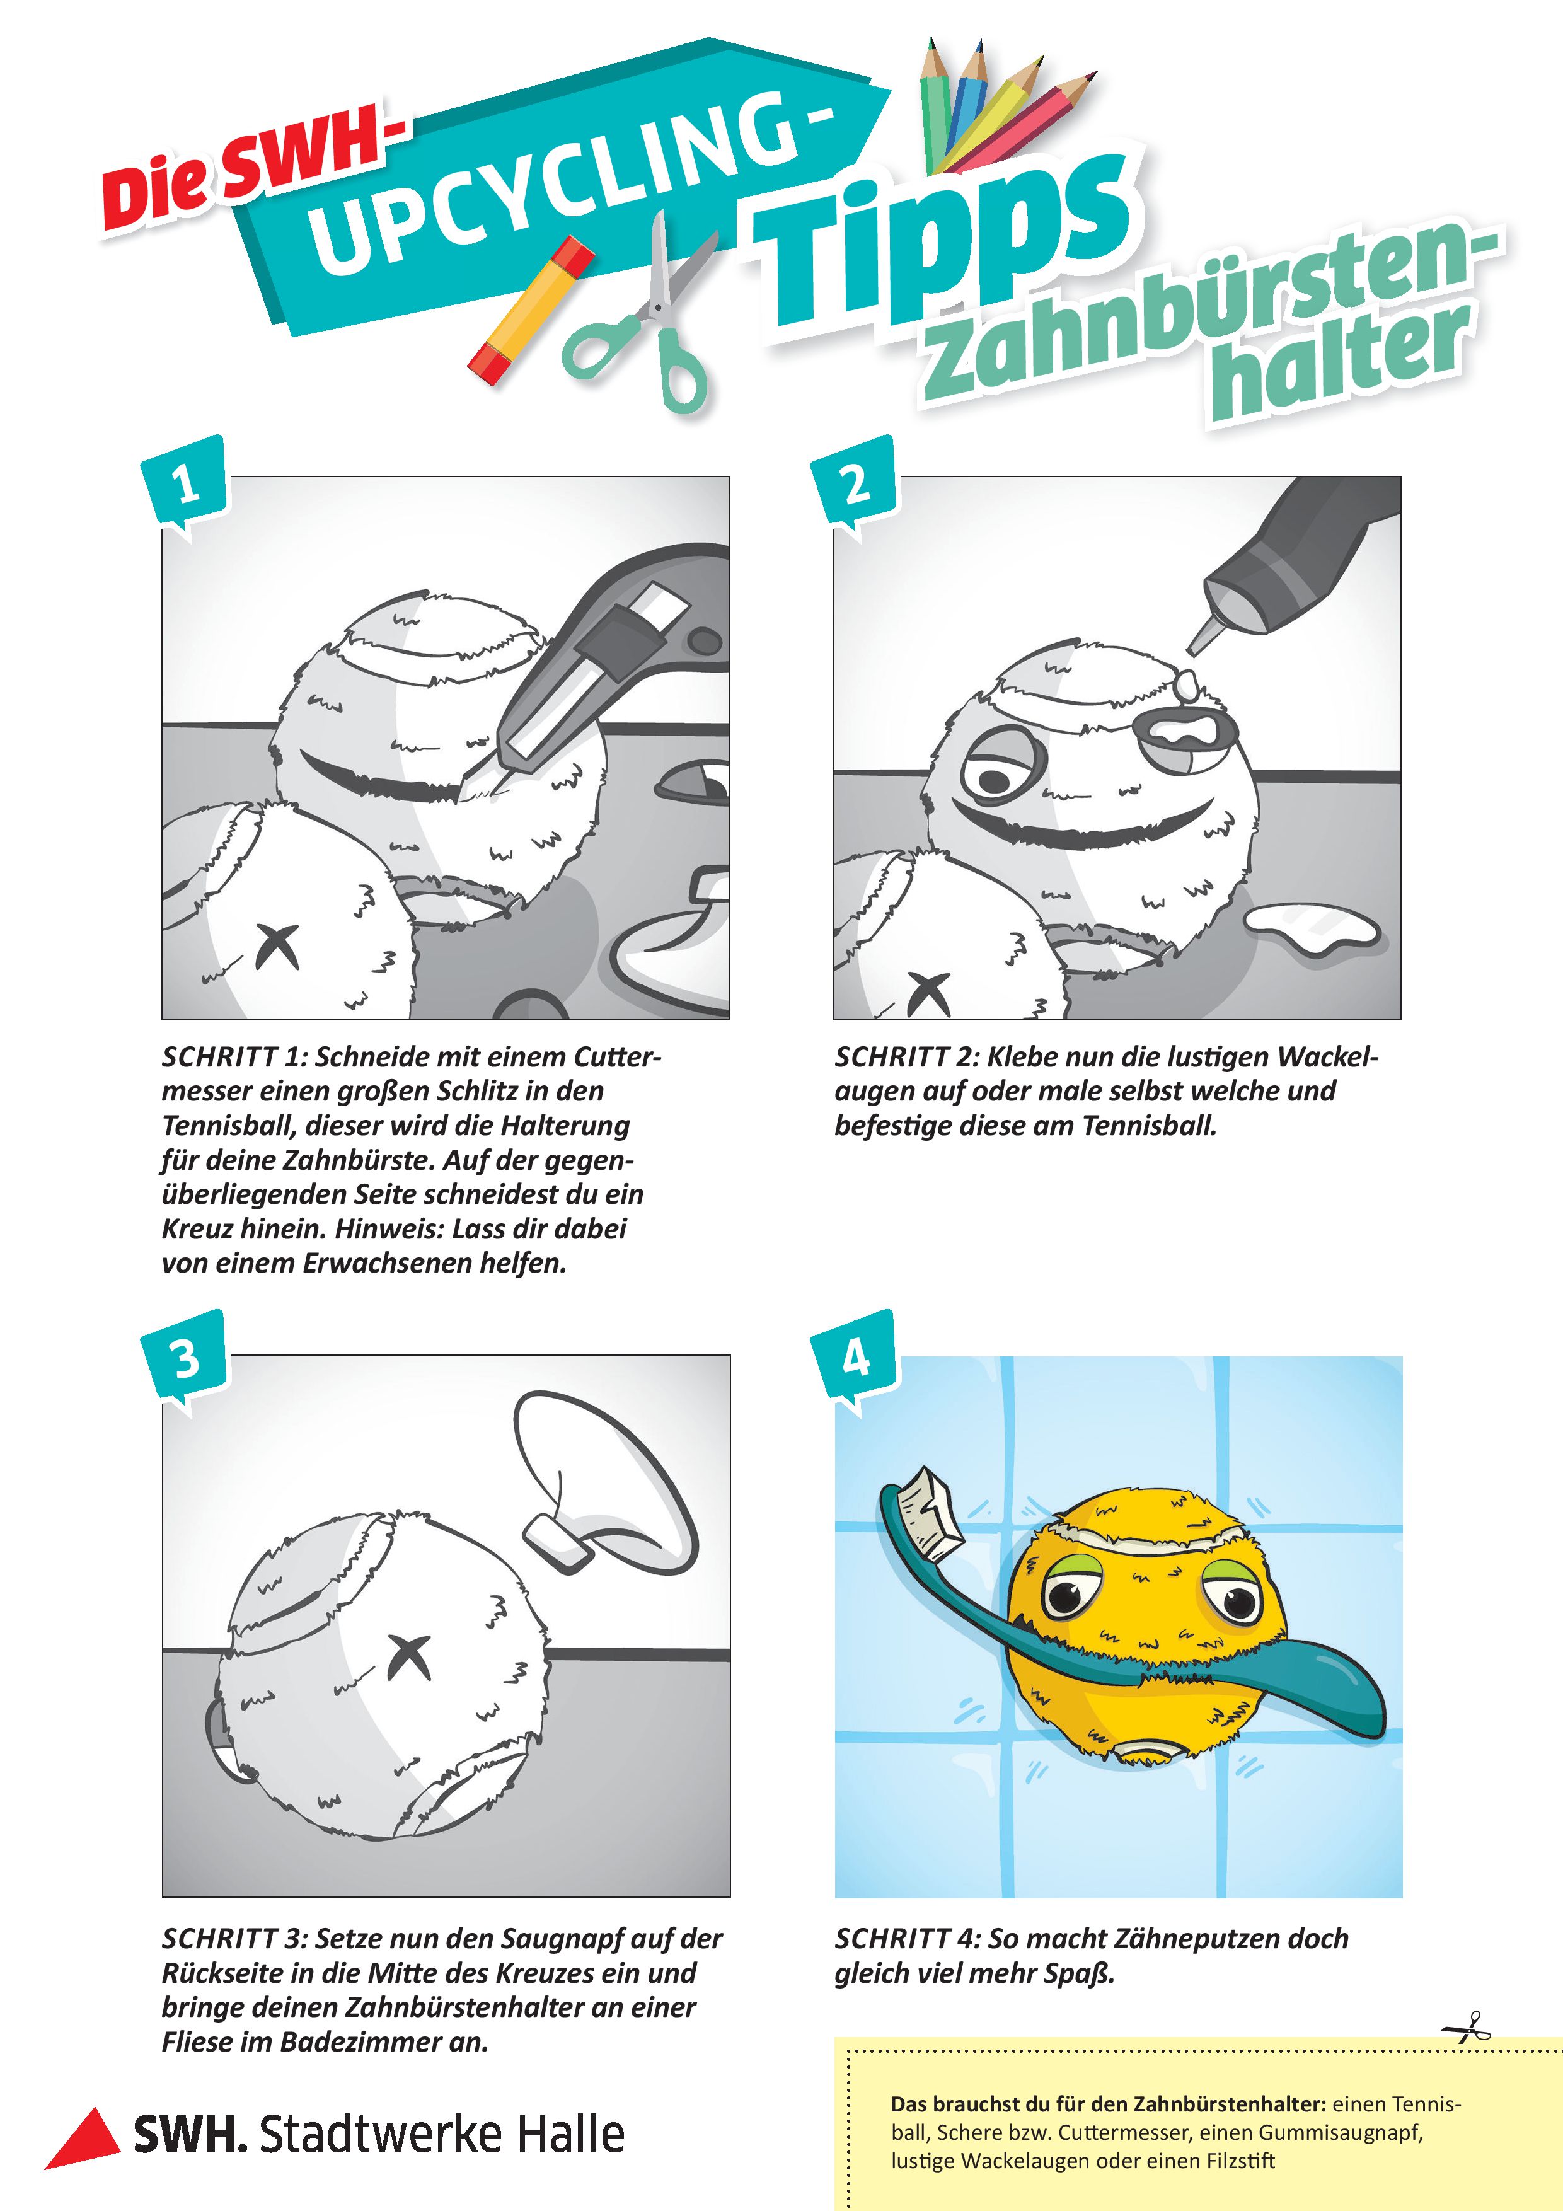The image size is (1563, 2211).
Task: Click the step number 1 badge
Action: [x=184, y=483]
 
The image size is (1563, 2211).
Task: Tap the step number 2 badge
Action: [x=854, y=483]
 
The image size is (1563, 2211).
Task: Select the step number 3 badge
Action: [x=184, y=1359]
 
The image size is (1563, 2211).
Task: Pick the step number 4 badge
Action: [x=854, y=1359]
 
